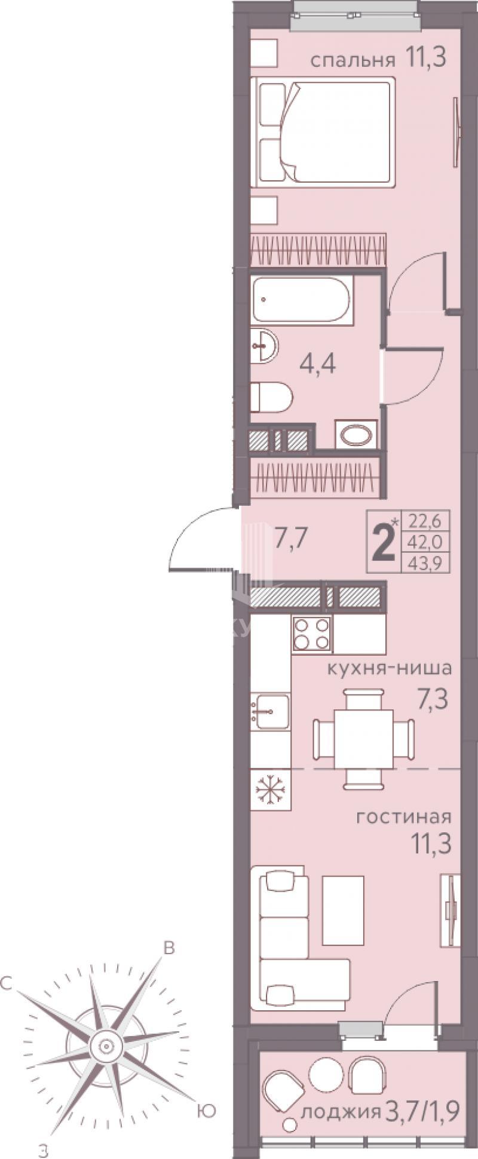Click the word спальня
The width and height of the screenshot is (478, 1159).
pyautogui.click(x=353, y=60)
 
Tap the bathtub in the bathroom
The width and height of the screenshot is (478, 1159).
pyautogui.click(x=302, y=300)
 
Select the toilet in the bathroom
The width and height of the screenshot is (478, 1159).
pyautogui.click(x=271, y=397)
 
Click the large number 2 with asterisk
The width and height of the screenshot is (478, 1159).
pyautogui.click(x=385, y=542)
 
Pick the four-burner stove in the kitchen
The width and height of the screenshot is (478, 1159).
pyautogui.click(x=311, y=634)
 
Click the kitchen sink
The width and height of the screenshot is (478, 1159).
pyautogui.click(x=270, y=711)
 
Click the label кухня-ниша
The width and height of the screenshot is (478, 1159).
pyautogui.click(x=388, y=668)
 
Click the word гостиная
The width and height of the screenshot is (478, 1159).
pyautogui.click(x=403, y=816)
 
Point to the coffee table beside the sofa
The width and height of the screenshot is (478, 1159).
pyautogui.click(x=343, y=911)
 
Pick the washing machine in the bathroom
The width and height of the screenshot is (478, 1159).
pyautogui.click(x=356, y=434)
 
